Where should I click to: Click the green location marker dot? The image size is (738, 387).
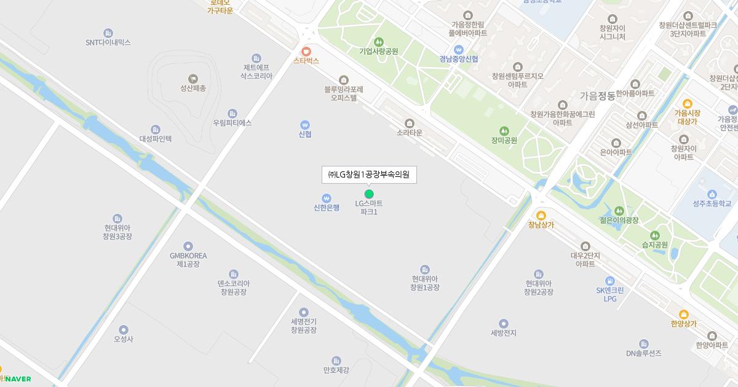[369, 194]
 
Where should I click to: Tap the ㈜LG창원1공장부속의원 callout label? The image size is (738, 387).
[369, 175]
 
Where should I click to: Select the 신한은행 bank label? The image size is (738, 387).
[327, 208]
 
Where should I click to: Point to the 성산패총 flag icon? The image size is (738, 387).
[193, 78]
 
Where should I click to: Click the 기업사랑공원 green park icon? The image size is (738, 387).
[378, 42]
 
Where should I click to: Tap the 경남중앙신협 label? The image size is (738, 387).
[458, 59]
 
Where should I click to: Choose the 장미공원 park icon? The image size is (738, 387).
[504, 130]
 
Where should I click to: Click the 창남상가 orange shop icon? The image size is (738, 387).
[541, 215]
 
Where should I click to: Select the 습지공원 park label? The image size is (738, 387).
[655, 244]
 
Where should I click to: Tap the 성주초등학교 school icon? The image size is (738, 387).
[712, 193]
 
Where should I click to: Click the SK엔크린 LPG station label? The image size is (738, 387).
[609, 294]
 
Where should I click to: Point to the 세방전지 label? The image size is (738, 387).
[504, 333]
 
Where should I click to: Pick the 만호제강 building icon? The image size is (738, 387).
[336, 361]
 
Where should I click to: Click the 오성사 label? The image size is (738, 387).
[124, 339]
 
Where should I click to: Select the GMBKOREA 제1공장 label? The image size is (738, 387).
[188, 260]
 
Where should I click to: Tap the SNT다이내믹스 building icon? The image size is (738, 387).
[108, 33]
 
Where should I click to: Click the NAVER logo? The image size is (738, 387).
[18, 379]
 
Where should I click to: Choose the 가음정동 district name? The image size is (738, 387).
[597, 96]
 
